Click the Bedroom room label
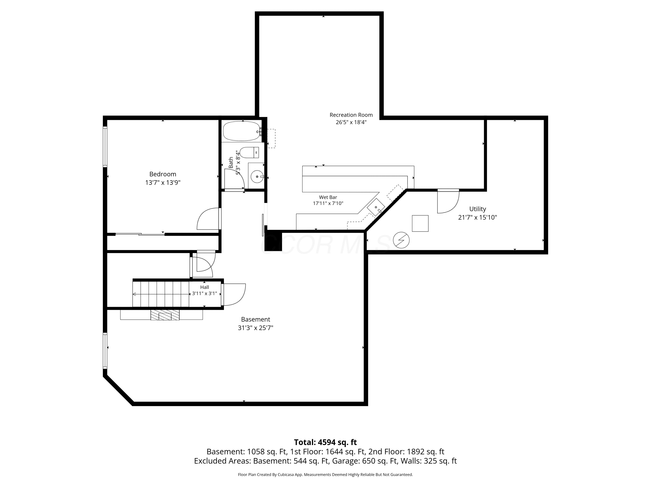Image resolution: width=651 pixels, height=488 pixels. (163, 174)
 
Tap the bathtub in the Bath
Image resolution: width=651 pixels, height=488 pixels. (241, 131)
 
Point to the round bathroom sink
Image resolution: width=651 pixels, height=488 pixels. (257, 177)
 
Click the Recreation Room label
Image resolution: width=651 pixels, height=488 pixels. (351, 115)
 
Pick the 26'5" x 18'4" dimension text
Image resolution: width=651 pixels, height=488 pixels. (351, 122)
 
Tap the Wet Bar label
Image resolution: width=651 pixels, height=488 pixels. (328, 197)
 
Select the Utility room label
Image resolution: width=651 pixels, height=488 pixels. (477, 209)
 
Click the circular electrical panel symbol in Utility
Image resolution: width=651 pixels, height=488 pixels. (401, 240)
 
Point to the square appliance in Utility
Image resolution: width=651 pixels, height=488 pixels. (420, 224)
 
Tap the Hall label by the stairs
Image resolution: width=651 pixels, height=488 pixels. (205, 287)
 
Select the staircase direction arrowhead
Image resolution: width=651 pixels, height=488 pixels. (134, 294)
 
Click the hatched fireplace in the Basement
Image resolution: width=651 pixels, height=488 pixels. (165, 314)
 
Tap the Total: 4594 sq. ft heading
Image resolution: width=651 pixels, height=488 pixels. (325, 442)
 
